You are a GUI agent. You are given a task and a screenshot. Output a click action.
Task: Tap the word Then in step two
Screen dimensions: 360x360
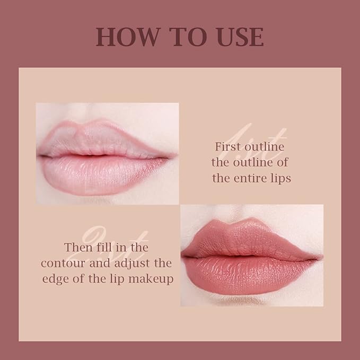point(78,247)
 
